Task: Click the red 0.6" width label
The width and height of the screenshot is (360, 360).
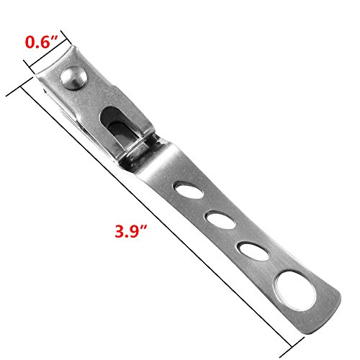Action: [42, 42]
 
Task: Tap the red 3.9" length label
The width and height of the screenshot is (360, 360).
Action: [131, 231]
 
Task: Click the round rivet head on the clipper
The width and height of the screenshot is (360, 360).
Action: [73, 78]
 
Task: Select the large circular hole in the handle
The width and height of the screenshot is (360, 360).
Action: [295, 291]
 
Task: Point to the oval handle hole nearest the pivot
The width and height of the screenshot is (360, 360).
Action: [189, 191]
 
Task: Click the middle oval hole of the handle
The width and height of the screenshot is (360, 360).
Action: [220, 220]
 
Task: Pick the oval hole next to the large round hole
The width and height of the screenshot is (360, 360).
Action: [253, 251]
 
